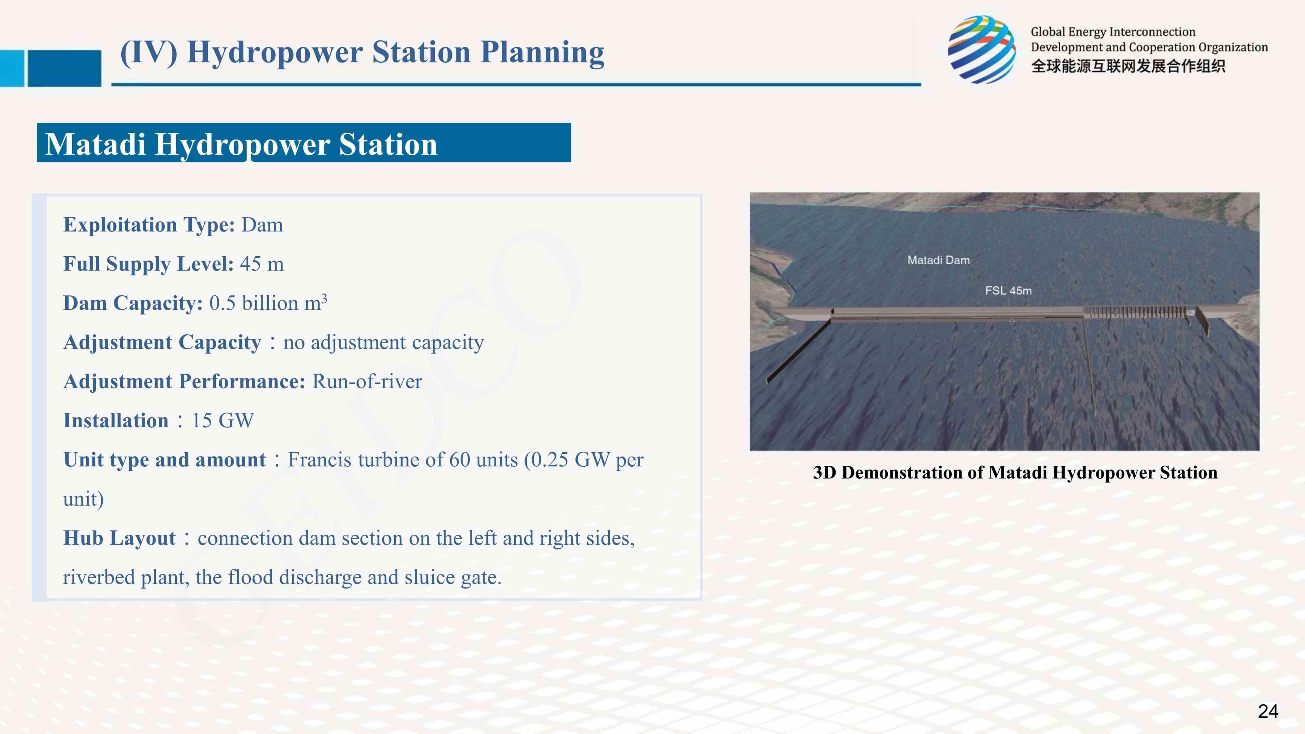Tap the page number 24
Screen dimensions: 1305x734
point(1268,711)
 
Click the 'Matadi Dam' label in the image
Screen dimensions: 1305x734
point(938,260)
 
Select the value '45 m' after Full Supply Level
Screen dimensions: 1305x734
point(262,264)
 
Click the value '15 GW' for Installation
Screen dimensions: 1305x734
point(223,421)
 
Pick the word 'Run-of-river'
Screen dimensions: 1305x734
point(367,381)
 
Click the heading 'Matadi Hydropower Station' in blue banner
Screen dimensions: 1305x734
point(242,144)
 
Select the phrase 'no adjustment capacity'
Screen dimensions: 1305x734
point(383,342)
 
